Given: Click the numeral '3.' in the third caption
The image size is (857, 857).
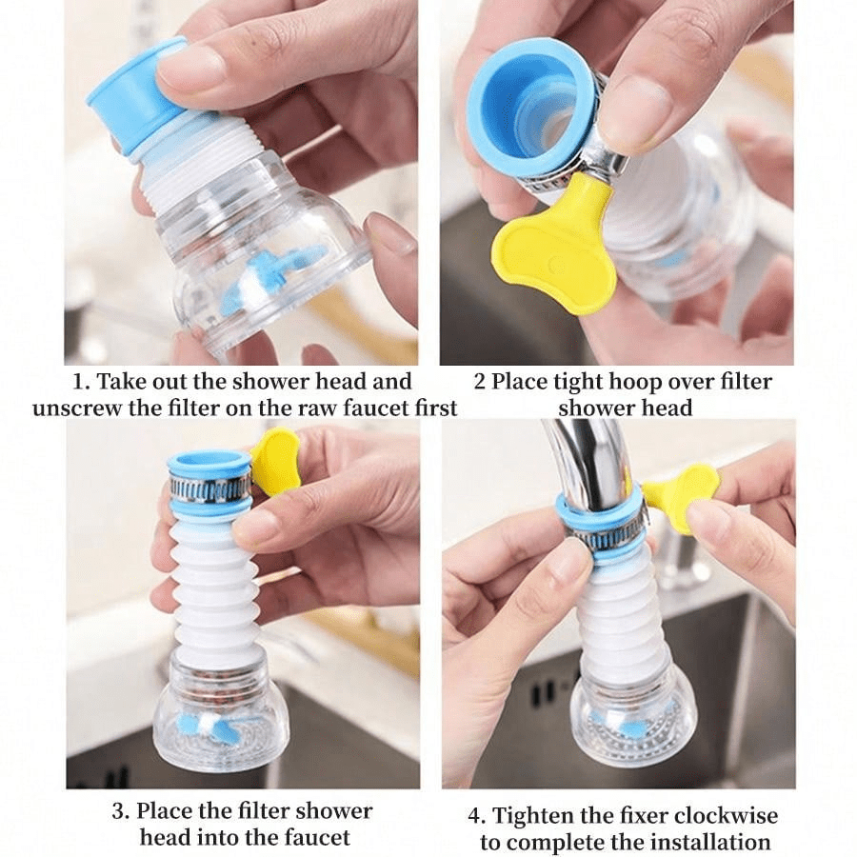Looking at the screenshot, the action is (x=121, y=810).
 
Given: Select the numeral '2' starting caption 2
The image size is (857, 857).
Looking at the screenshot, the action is (x=479, y=382).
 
